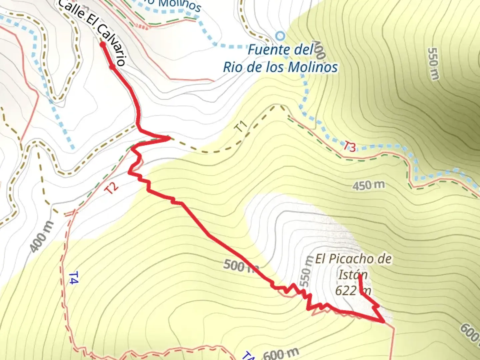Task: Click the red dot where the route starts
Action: click(103, 44)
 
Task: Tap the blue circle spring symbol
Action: click(281, 35)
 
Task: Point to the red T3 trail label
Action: click(350, 147)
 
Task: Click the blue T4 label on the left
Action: click(73, 278)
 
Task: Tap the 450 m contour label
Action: click(368, 185)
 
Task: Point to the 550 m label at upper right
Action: click(433, 64)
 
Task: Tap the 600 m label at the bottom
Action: click(281, 353)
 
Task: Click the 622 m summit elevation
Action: click(353, 291)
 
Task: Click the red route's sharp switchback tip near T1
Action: click(169, 137)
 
